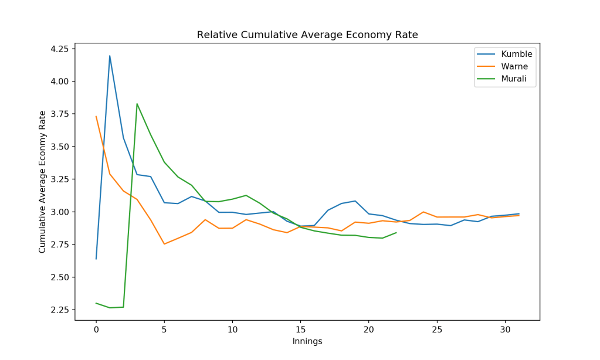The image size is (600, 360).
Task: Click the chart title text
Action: click(x=307, y=35)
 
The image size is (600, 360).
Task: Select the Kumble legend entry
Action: click(x=513, y=54)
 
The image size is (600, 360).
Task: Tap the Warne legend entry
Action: click(x=512, y=66)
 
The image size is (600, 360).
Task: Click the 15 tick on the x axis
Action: click(x=300, y=330)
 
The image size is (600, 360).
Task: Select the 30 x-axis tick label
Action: click(x=505, y=330)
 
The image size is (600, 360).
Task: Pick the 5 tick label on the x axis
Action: click(x=164, y=330)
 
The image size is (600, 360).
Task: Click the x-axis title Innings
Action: click(x=307, y=341)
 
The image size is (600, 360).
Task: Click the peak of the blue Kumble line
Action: click(x=110, y=56)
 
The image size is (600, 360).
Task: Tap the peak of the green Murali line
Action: click(x=137, y=104)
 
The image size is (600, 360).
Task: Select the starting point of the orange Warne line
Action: click(x=96, y=116)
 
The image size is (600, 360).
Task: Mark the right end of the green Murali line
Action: click(x=396, y=233)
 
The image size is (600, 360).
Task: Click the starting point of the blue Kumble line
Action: click(x=96, y=259)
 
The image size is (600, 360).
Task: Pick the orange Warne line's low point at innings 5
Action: click(x=164, y=244)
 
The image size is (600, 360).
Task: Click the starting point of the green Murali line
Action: click(x=96, y=303)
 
